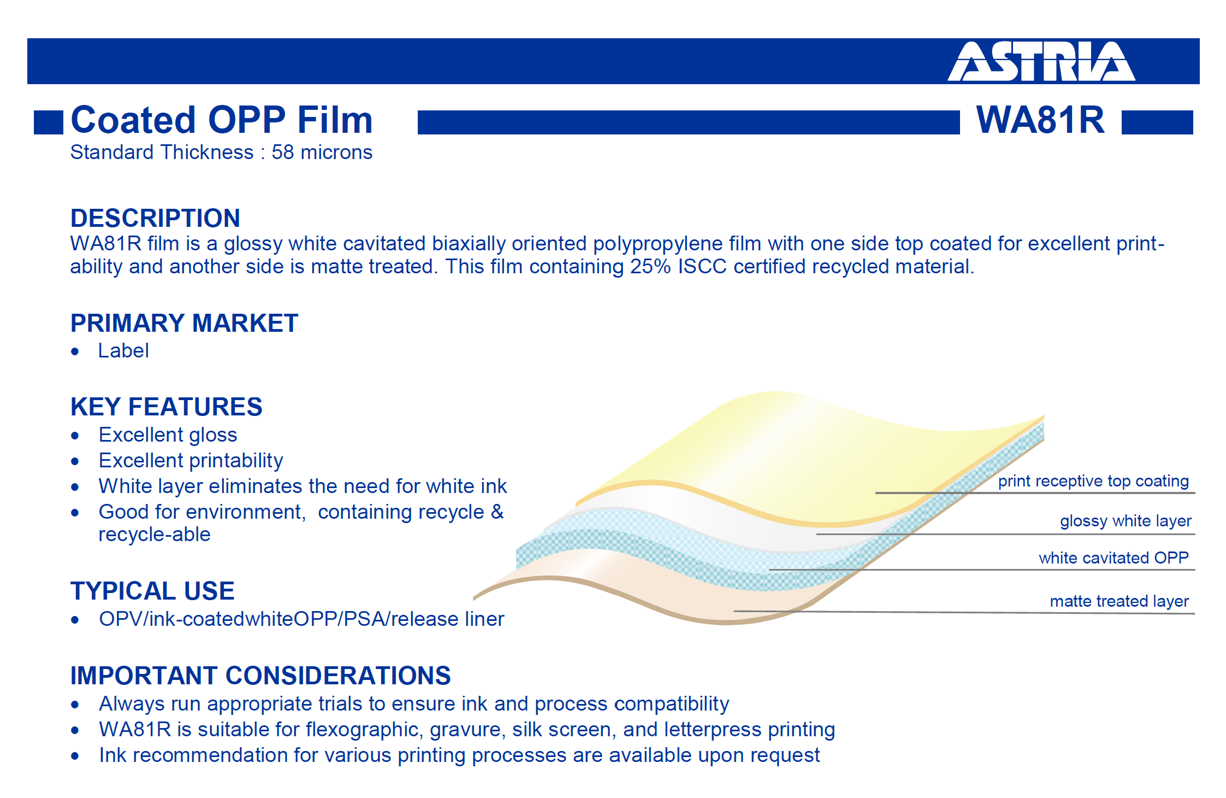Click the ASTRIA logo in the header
pos(1041,61)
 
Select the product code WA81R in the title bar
pos(1040,120)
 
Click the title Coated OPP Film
pos(222,120)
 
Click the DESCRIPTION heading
pos(155,218)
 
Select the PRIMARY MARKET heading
pos(185,322)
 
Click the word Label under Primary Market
pos(123,350)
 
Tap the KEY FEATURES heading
pos(167,406)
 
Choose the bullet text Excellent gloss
pos(168,435)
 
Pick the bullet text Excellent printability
pos(191,460)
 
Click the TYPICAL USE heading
pos(152,590)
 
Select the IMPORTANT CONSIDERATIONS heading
pos(260,675)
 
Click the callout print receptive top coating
pos(1093,481)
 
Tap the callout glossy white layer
pos(1126,521)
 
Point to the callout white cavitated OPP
pos(1114,558)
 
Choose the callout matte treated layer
pos(1119,601)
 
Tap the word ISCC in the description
pos(702,266)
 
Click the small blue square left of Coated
pos(49,122)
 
